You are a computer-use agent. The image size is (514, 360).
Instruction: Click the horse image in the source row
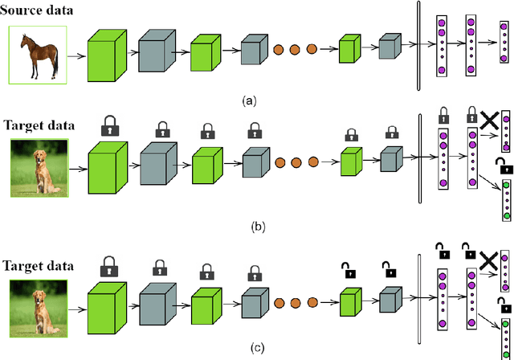coord(36,55)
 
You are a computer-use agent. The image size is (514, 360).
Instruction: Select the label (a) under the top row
coord(248,101)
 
